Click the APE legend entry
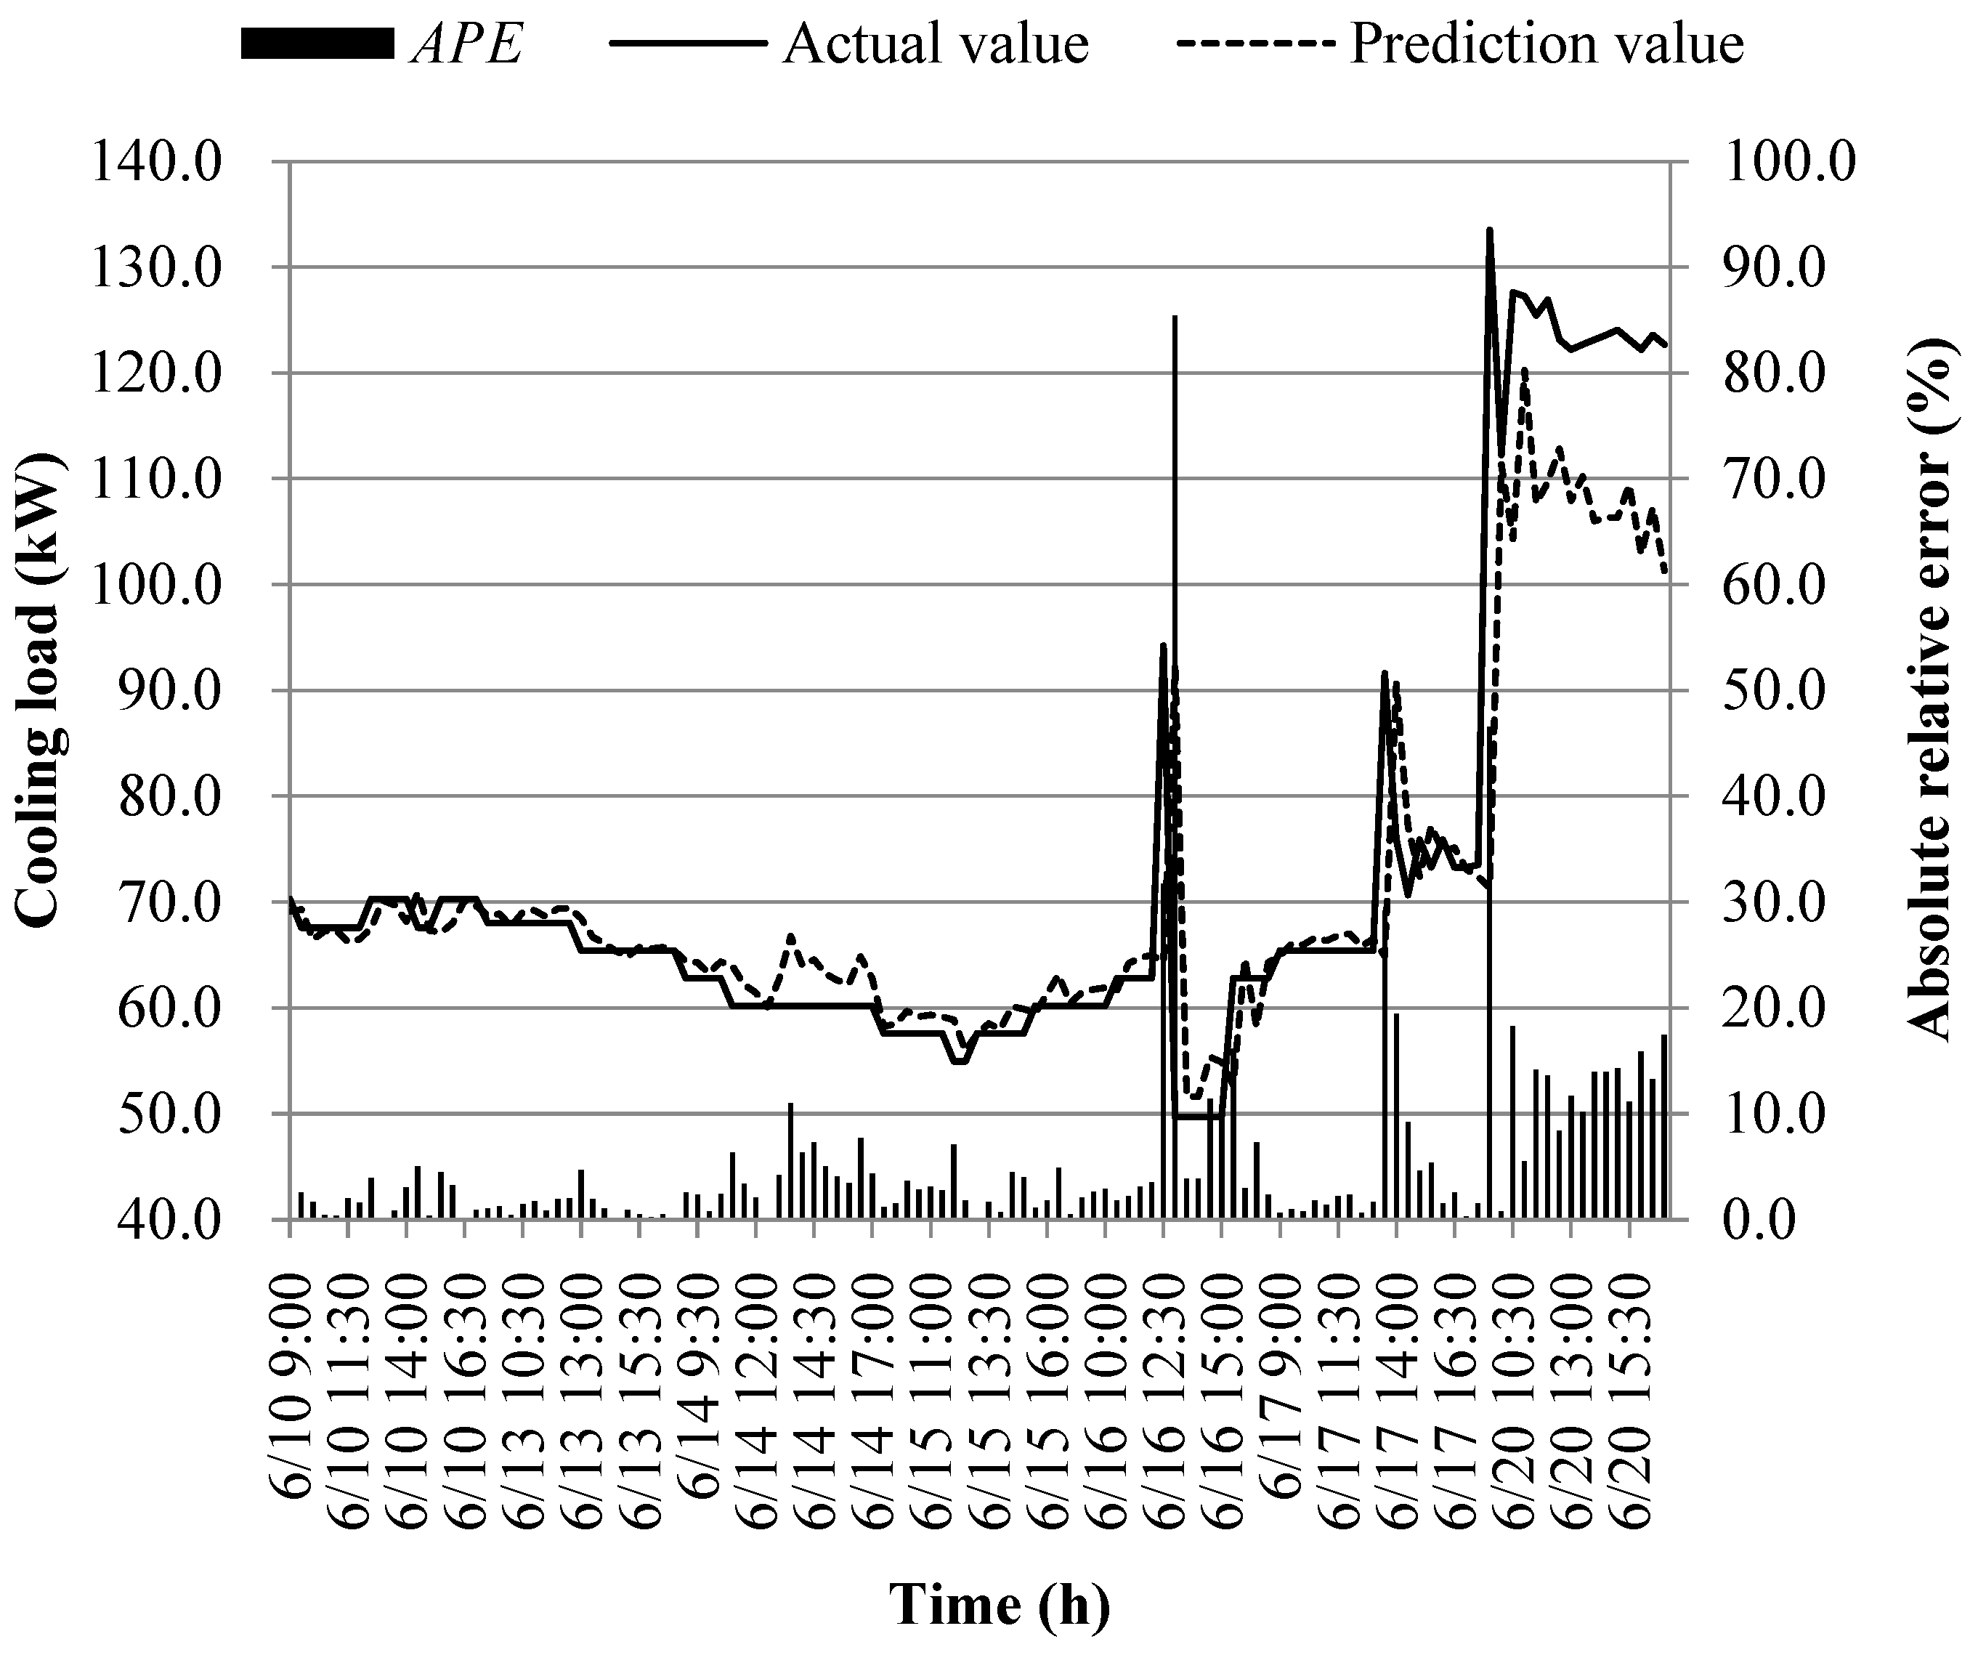coord(381,44)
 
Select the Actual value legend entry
coord(848,44)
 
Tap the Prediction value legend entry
coord(1460,44)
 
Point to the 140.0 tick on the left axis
coord(155,162)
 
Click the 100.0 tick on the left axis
coord(155,585)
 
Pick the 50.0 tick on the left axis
coord(155,1114)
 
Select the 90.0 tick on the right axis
coord(1788,267)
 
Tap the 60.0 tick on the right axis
coord(1788,585)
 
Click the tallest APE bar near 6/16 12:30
coord(1175,660)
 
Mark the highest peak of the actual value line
coord(1489,229)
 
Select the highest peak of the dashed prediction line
coord(1524,368)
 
